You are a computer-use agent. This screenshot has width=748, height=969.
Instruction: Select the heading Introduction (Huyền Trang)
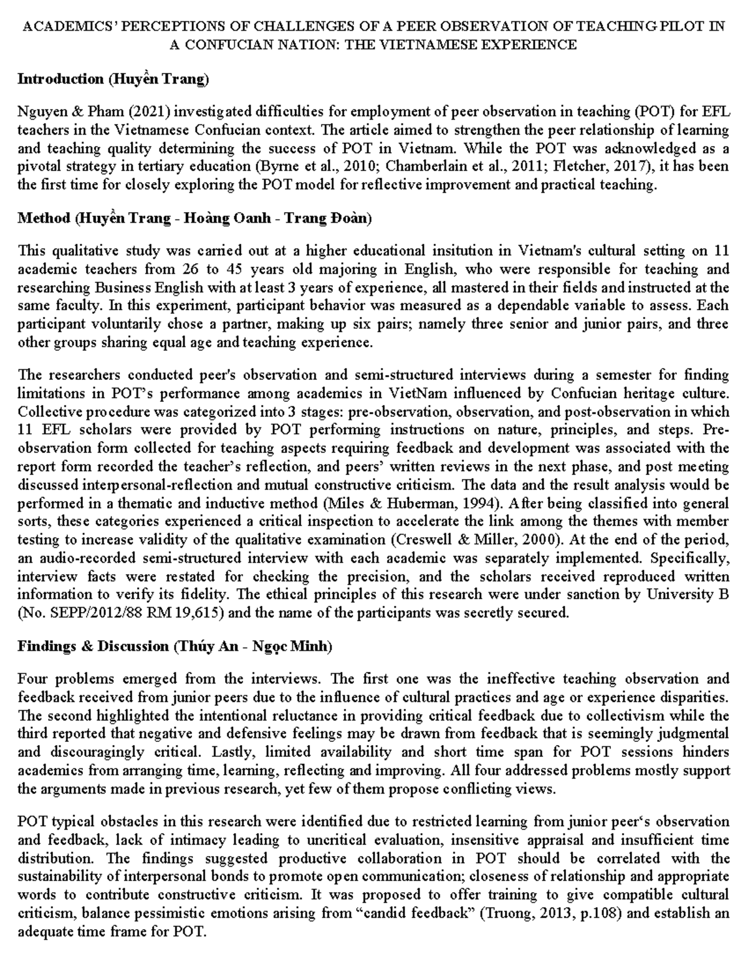click(x=113, y=79)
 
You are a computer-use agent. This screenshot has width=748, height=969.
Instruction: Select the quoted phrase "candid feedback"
click(x=426, y=913)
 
